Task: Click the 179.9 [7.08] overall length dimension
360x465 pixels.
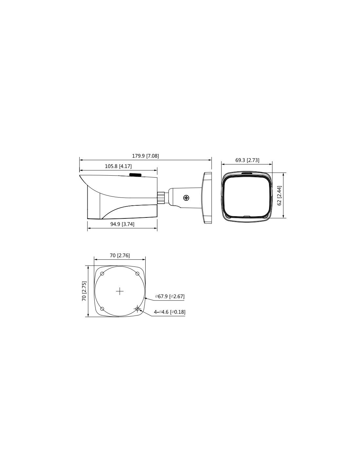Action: coord(145,156)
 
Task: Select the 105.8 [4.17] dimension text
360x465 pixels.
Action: coord(118,166)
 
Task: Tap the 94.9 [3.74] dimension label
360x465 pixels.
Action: coord(122,224)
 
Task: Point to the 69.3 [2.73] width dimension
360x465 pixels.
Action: coord(247,160)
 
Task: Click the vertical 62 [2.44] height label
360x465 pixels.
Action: coord(279,196)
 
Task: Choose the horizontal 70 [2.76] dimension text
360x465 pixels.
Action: coord(120,255)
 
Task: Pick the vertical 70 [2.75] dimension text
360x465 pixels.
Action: coord(84,291)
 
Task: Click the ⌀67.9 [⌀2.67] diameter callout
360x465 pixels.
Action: coord(170,296)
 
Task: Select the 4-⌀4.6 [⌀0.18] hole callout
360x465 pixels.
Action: coord(170,312)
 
